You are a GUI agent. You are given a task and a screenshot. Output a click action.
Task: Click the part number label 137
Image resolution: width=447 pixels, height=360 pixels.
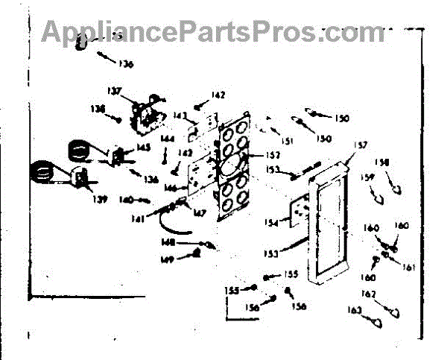tap(113, 92)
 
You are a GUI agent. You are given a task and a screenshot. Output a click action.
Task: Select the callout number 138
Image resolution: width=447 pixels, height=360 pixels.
tap(98, 109)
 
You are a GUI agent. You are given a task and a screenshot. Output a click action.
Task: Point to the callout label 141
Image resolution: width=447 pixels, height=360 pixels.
tap(137, 218)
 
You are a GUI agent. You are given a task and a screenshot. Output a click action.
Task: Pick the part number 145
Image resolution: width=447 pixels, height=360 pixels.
tap(144, 148)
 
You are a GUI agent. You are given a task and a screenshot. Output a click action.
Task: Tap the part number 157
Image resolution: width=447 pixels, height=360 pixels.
tap(361, 146)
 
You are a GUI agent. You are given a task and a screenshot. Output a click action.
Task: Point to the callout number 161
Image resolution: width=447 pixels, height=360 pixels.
tap(409, 266)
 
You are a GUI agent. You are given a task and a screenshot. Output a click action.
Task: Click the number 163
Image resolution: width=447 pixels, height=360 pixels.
tap(355, 309)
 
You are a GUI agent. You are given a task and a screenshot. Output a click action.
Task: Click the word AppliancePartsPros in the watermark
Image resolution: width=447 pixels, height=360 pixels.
tap(179, 31)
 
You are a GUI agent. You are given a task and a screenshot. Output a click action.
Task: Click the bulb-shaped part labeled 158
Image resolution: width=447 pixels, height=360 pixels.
tap(397, 189)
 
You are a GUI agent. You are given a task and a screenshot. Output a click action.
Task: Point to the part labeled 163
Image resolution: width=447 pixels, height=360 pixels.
tap(377, 322)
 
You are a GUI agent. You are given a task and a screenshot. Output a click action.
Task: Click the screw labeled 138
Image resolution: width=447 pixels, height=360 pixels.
tap(119, 117)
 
